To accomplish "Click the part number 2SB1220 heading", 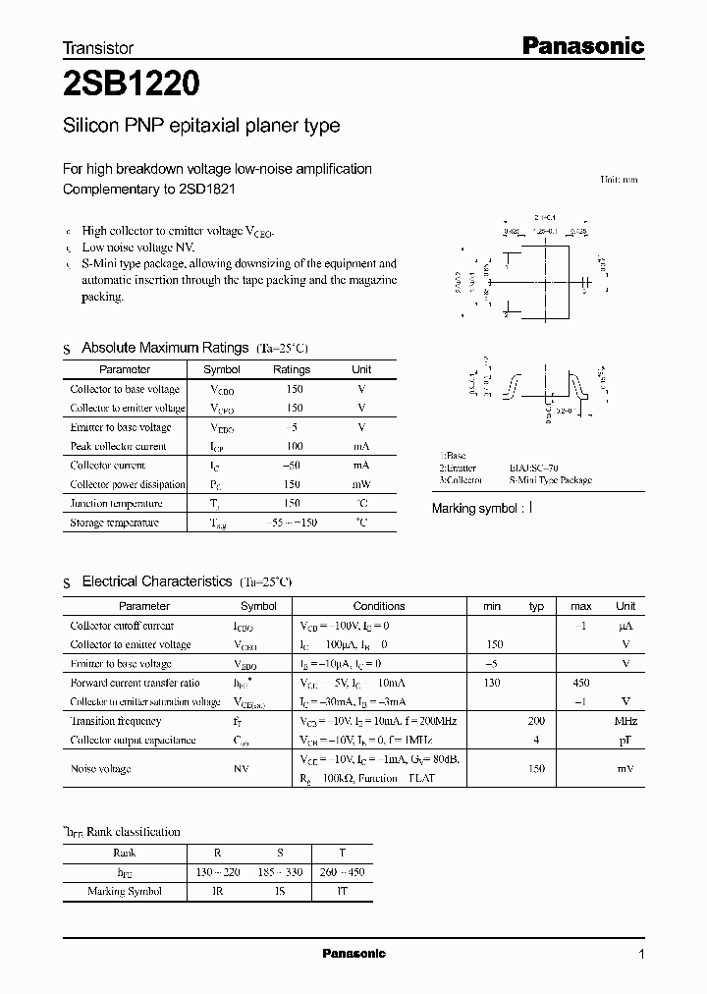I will pyautogui.click(x=132, y=84).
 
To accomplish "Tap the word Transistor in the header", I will pyautogui.click(x=98, y=47).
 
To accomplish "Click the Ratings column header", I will pyautogui.click(x=292, y=369).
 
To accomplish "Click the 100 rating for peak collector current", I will pyautogui.click(x=294, y=446).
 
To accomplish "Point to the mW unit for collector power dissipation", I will pyautogui.click(x=361, y=484).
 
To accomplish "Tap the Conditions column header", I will pyautogui.click(x=379, y=606).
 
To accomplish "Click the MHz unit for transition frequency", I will pyautogui.click(x=625, y=721).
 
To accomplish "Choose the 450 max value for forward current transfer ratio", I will pyautogui.click(x=580, y=683).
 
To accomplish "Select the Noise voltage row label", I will pyautogui.click(x=100, y=769).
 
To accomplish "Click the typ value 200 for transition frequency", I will pyautogui.click(x=536, y=721).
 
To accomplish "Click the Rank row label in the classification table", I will pyautogui.click(x=125, y=854).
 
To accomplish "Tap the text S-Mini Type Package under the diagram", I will pyautogui.click(x=550, y=480).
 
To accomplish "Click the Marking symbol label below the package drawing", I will pyautogui.click(x=476, y=509).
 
